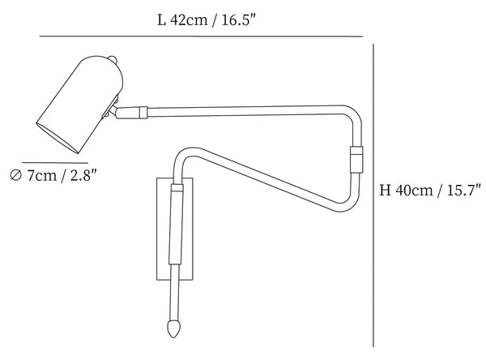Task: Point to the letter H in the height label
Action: pyautogui.click(x=385, y=192)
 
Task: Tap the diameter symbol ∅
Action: pyautogui.click(x=15, y=175)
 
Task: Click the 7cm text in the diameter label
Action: pyautogui.click(x=40, y=175)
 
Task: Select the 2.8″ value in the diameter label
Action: pyautogui.click(x=87, y=175)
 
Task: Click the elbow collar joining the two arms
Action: pyautogui.click(x=355, y=157)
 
